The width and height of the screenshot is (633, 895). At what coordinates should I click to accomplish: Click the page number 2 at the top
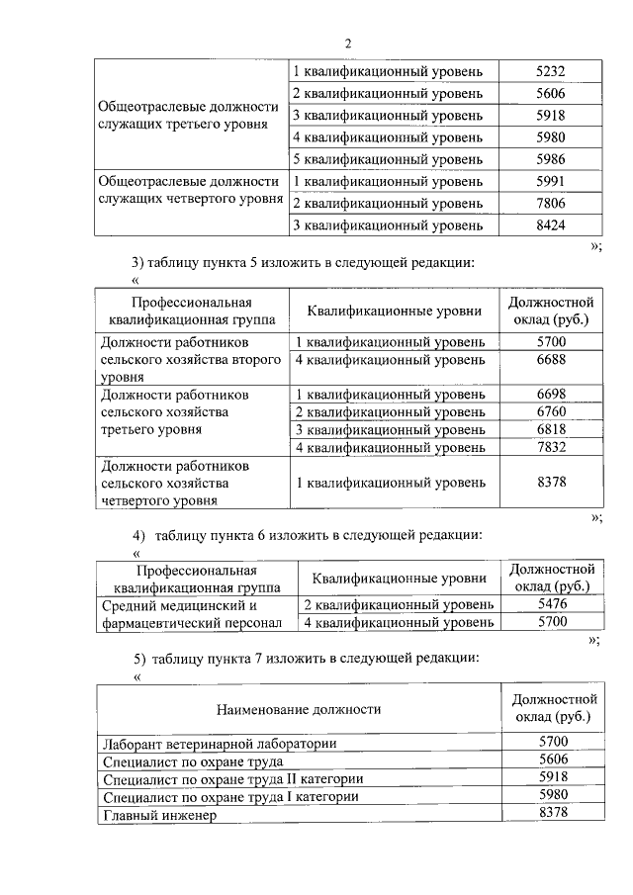click(x=348, y=43)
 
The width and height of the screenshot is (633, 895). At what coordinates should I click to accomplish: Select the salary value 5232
click(x=550, y=72)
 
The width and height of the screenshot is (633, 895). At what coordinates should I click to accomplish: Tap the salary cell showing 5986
click(x=550, y=159)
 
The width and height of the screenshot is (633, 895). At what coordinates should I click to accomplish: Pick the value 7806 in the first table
click(x=550, y=203)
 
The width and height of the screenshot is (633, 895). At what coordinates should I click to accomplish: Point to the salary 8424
click(x=550, y=224)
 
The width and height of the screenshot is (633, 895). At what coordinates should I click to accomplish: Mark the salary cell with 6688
click(x=550, y=360)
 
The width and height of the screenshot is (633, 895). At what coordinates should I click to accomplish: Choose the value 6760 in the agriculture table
click(x=550, y=411)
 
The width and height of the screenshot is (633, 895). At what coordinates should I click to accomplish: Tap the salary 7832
click(x=550, y=447)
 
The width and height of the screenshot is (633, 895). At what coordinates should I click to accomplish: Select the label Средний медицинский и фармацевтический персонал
click(x=192, y=613)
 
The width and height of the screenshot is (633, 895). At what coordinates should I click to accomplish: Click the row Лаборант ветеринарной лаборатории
click(x=220, y=744)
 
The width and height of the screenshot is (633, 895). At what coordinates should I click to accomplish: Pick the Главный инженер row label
click(x=158, y=815)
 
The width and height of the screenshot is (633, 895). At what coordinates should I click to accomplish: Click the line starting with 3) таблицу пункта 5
click(x=311, y=262)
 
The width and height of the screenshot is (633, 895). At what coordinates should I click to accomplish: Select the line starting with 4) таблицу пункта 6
click(x=308, y=535)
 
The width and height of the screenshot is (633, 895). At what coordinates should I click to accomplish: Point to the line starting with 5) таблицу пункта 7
click(x=308, y=658)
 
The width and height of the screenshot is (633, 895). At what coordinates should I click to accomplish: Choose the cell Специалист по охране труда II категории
click(x=232, y=779)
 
